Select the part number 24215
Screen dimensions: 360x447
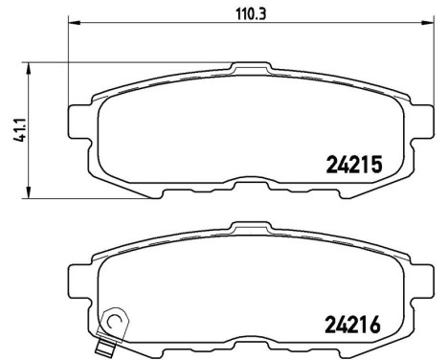click(x=348, y=165)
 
